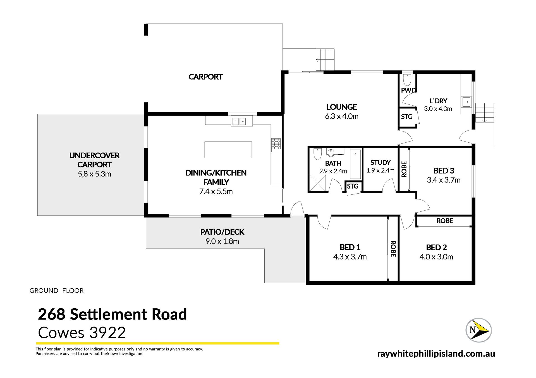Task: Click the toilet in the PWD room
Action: (407, 80)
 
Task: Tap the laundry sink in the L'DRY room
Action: (466, 102)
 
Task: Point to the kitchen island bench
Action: (228, 150)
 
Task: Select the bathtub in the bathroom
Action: (355, 164)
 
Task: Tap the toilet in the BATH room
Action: (318, 154)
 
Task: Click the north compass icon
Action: (478, 330)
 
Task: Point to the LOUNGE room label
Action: (342, 107)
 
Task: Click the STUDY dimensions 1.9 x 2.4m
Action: (381, 170)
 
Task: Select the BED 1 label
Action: (350, 247)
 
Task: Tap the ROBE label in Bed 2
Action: (445, 221)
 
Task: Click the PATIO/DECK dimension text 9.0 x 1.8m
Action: (222, 241)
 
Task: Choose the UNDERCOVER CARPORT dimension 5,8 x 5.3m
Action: (94, 174)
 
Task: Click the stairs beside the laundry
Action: (484, 113)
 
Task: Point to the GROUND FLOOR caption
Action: (56, 291)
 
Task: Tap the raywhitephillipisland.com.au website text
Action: (436, 354)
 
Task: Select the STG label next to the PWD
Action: (406, 117)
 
